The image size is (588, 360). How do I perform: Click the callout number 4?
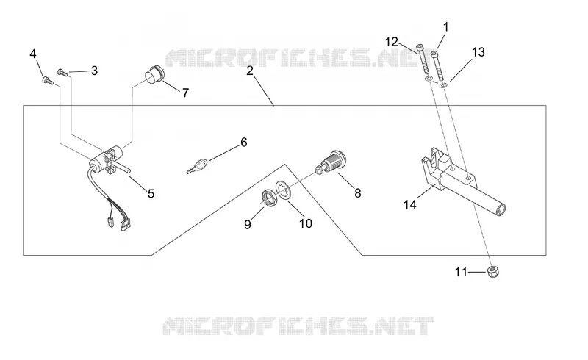click(x=33, y=54)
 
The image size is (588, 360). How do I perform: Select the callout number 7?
click(x=185, y=93)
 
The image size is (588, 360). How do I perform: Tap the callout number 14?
click(x=410, y=205)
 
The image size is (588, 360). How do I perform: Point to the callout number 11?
click(x=461, y=272)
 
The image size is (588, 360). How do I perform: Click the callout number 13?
click(x=478, y=51)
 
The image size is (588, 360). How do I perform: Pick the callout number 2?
click(x=250, y=71)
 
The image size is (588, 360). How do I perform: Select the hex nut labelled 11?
click(x=493, y=272)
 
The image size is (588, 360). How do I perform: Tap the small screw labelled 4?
click(x=47, y=79)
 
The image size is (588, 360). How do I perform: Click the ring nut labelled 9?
click(x=268, y=198)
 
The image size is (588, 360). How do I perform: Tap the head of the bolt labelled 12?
click(x=420, y=48)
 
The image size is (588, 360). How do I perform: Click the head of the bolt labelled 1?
click(x=435, y=55)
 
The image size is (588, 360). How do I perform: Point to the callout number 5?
click(x=151, y=194)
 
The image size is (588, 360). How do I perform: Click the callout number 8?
click(x=357, y=193)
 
